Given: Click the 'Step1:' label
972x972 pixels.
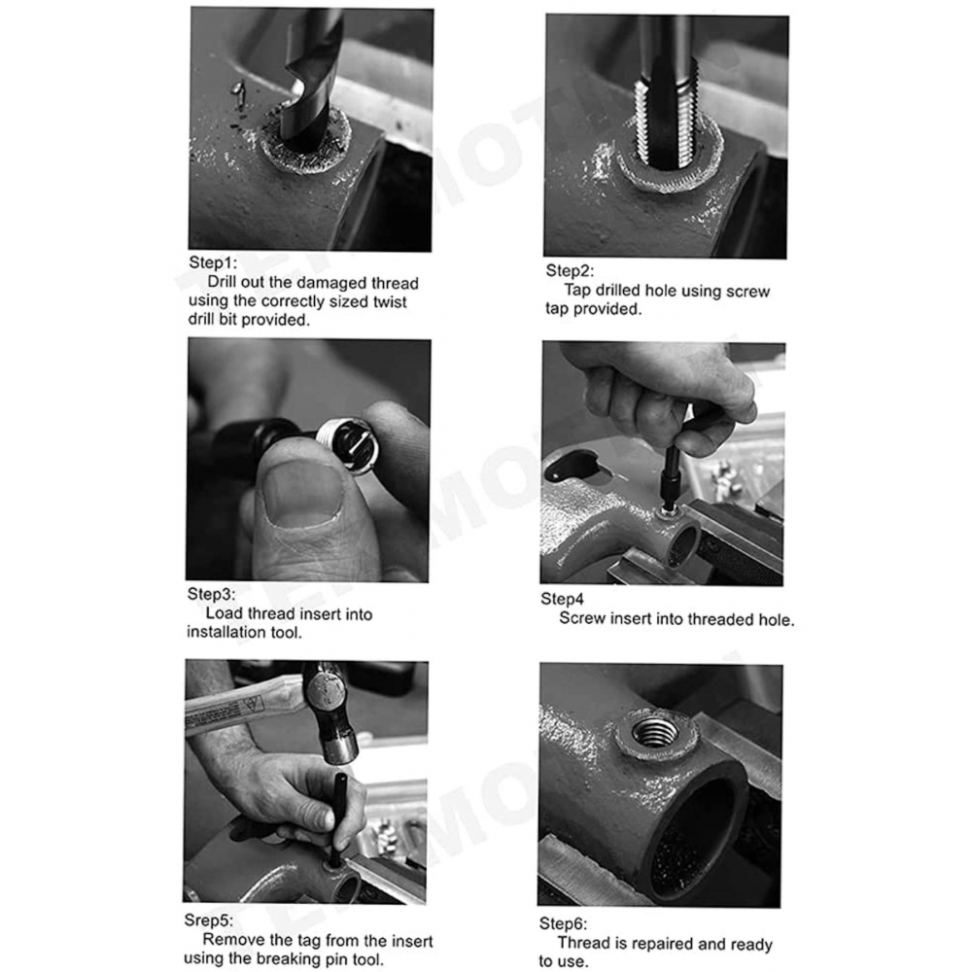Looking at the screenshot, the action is [x=213, y=262].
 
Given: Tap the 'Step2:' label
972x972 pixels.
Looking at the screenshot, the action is [x=570, y=270].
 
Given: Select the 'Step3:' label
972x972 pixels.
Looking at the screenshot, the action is [x=211, y=594].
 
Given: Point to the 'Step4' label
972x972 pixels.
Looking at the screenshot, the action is [x=562, y=599].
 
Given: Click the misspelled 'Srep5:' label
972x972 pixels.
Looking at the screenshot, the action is [x=208, y=920].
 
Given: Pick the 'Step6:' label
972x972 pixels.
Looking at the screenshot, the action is [x=563, y=923].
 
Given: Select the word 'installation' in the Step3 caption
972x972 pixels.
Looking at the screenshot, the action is [x=226, y=633].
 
